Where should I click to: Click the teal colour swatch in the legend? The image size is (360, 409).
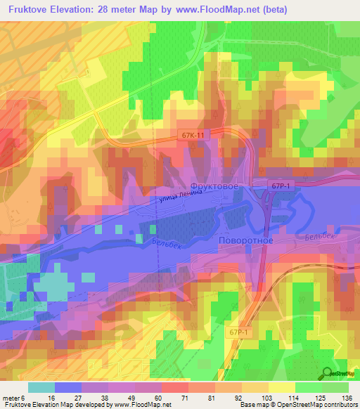coord(41,387)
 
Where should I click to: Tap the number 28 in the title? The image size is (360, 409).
coord(117,11)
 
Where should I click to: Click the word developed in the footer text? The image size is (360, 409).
coord(93,405)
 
